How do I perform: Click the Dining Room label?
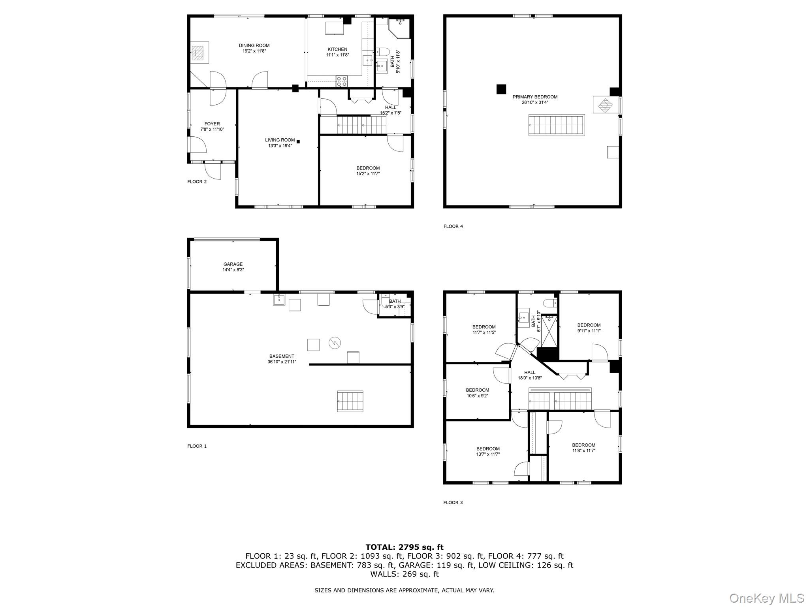(x=254, y=45)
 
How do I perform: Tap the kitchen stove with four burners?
(x=342, y=81)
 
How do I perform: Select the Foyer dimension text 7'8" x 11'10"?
(x=212, y=129)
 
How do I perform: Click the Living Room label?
(x=280, y=140)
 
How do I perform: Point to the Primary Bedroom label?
(x=535, y=97)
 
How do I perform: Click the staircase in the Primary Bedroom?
(x=557, y=125)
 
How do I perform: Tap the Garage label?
(x=233, y=264)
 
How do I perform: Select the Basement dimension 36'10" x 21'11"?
(x=282, y=362)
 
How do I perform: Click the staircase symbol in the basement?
(x=350, y=401)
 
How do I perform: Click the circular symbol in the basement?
(x=335, y=343)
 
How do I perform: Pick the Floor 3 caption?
(x=453, y=503)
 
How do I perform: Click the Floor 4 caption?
(x=453, y=226)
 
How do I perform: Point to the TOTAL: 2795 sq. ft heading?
(x=404, y=547)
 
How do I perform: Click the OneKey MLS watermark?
(x=766, y=598)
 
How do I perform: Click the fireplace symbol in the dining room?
(x=198, y=52)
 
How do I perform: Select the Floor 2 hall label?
(x=390, y=107)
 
